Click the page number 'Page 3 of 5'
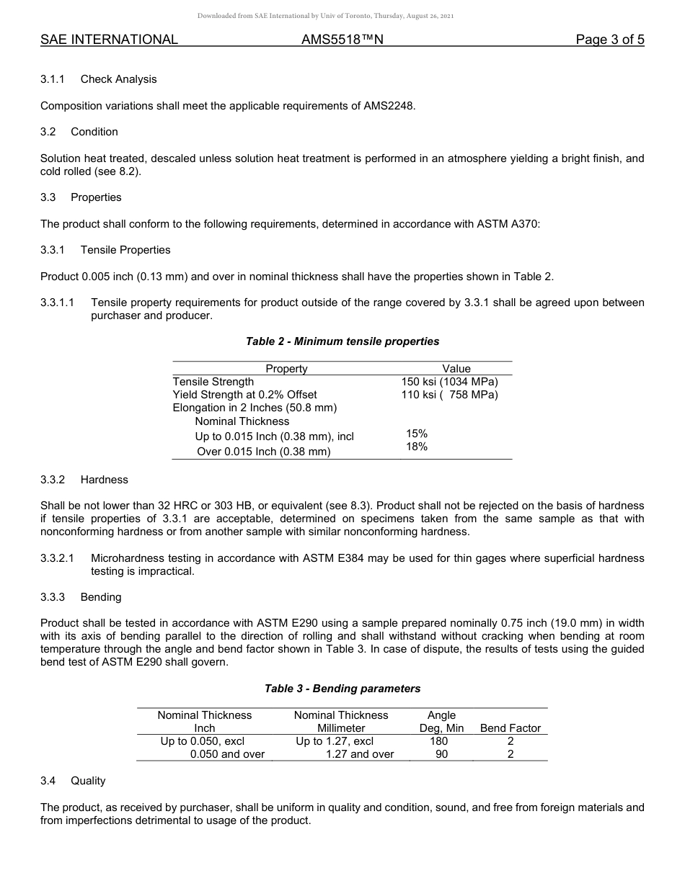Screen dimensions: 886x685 609,40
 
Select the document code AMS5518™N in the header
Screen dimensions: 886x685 342,40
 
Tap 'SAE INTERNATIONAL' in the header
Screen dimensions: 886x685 109,40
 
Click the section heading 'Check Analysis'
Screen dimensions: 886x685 118,79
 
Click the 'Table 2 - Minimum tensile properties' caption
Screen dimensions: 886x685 342,341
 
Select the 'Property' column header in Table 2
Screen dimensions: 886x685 286,369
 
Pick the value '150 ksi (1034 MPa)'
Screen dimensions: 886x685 449,382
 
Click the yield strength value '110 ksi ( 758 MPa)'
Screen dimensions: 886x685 449,395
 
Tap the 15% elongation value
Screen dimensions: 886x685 417,434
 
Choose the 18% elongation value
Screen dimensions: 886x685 417,447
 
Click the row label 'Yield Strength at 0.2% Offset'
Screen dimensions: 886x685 244,395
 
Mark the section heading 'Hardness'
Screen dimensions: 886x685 105,480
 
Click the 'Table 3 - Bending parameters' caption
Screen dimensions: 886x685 342,689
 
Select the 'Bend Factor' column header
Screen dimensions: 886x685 511,728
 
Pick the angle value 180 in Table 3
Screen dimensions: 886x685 438,741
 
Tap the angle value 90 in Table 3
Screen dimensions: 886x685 441,754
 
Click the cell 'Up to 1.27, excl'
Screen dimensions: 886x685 335,741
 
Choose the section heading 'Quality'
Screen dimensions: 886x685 88,781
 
